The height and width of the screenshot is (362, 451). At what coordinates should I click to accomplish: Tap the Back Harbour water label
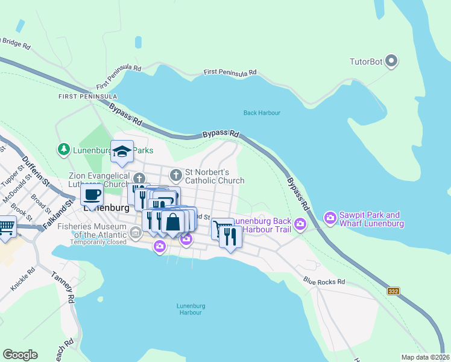tap(262, 113)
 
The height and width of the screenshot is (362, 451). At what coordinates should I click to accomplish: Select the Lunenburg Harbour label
tap(189, 309)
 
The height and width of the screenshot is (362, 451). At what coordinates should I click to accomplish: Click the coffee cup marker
tap(92, 194)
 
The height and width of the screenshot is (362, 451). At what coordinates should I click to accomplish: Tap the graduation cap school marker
tap(122, 152)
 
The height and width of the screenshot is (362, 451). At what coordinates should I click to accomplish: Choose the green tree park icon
tap(63, 148)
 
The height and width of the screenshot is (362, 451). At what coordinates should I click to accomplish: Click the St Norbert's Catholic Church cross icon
tap(175, 176)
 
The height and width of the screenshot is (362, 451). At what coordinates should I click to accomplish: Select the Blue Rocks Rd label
tap(324, 281)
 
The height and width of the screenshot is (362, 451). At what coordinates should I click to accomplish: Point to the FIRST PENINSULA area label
tap(87, 97)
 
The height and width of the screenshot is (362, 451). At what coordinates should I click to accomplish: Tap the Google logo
tap(20, 355)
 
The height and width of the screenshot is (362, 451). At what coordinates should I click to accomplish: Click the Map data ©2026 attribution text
tap(425, 357)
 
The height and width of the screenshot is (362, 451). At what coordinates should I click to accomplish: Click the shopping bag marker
tap(173, 221)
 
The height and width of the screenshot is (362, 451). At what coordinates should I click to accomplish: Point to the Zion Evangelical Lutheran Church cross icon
tap(139, 177)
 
